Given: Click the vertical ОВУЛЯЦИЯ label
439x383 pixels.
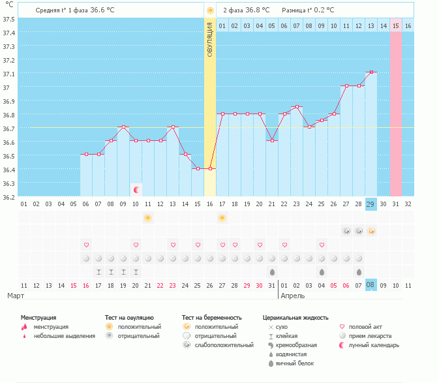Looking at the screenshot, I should click(210, 39).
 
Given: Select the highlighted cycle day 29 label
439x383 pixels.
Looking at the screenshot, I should click(371, 204).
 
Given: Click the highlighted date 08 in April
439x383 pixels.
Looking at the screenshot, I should click(371, 285).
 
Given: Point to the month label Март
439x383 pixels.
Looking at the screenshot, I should click(16, 296).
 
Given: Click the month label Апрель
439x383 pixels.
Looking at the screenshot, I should click(292, 296).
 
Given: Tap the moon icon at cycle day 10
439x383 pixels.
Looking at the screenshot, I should click(136, 190).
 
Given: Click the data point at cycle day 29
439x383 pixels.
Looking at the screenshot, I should click(371, 72).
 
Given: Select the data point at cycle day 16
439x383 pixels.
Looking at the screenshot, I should click(210, 168).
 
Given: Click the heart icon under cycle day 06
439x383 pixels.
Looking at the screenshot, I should click(86, 245).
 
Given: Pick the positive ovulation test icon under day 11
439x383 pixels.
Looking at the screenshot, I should click(148, 217).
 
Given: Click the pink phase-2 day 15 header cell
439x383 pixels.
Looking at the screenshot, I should click(395, 25).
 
